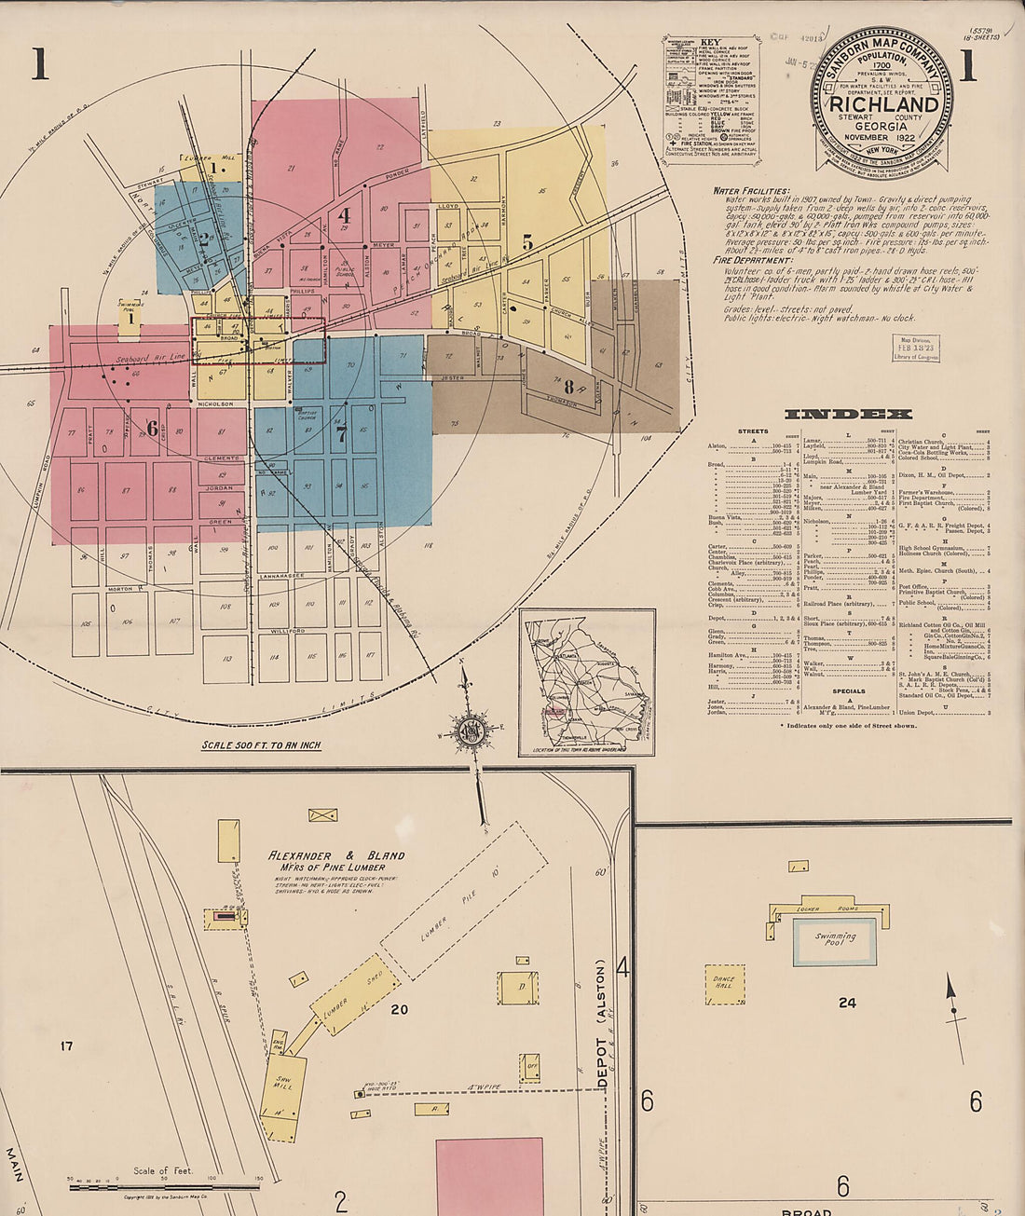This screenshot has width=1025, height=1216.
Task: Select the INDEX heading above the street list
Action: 848,414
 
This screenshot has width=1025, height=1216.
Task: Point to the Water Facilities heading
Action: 751,190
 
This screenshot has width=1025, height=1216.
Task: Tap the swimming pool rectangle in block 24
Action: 835,941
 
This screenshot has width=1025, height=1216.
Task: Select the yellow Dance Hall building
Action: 724,984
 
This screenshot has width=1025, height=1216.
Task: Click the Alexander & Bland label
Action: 336,855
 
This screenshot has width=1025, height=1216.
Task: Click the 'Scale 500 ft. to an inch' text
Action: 262,745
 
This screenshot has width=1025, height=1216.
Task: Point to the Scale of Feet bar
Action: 164,1186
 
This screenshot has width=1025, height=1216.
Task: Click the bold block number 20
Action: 400,1009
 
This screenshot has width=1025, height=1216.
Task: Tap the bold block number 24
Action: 846,1003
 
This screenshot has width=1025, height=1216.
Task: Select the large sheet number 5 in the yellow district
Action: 527,242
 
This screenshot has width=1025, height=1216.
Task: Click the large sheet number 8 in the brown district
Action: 567,387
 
